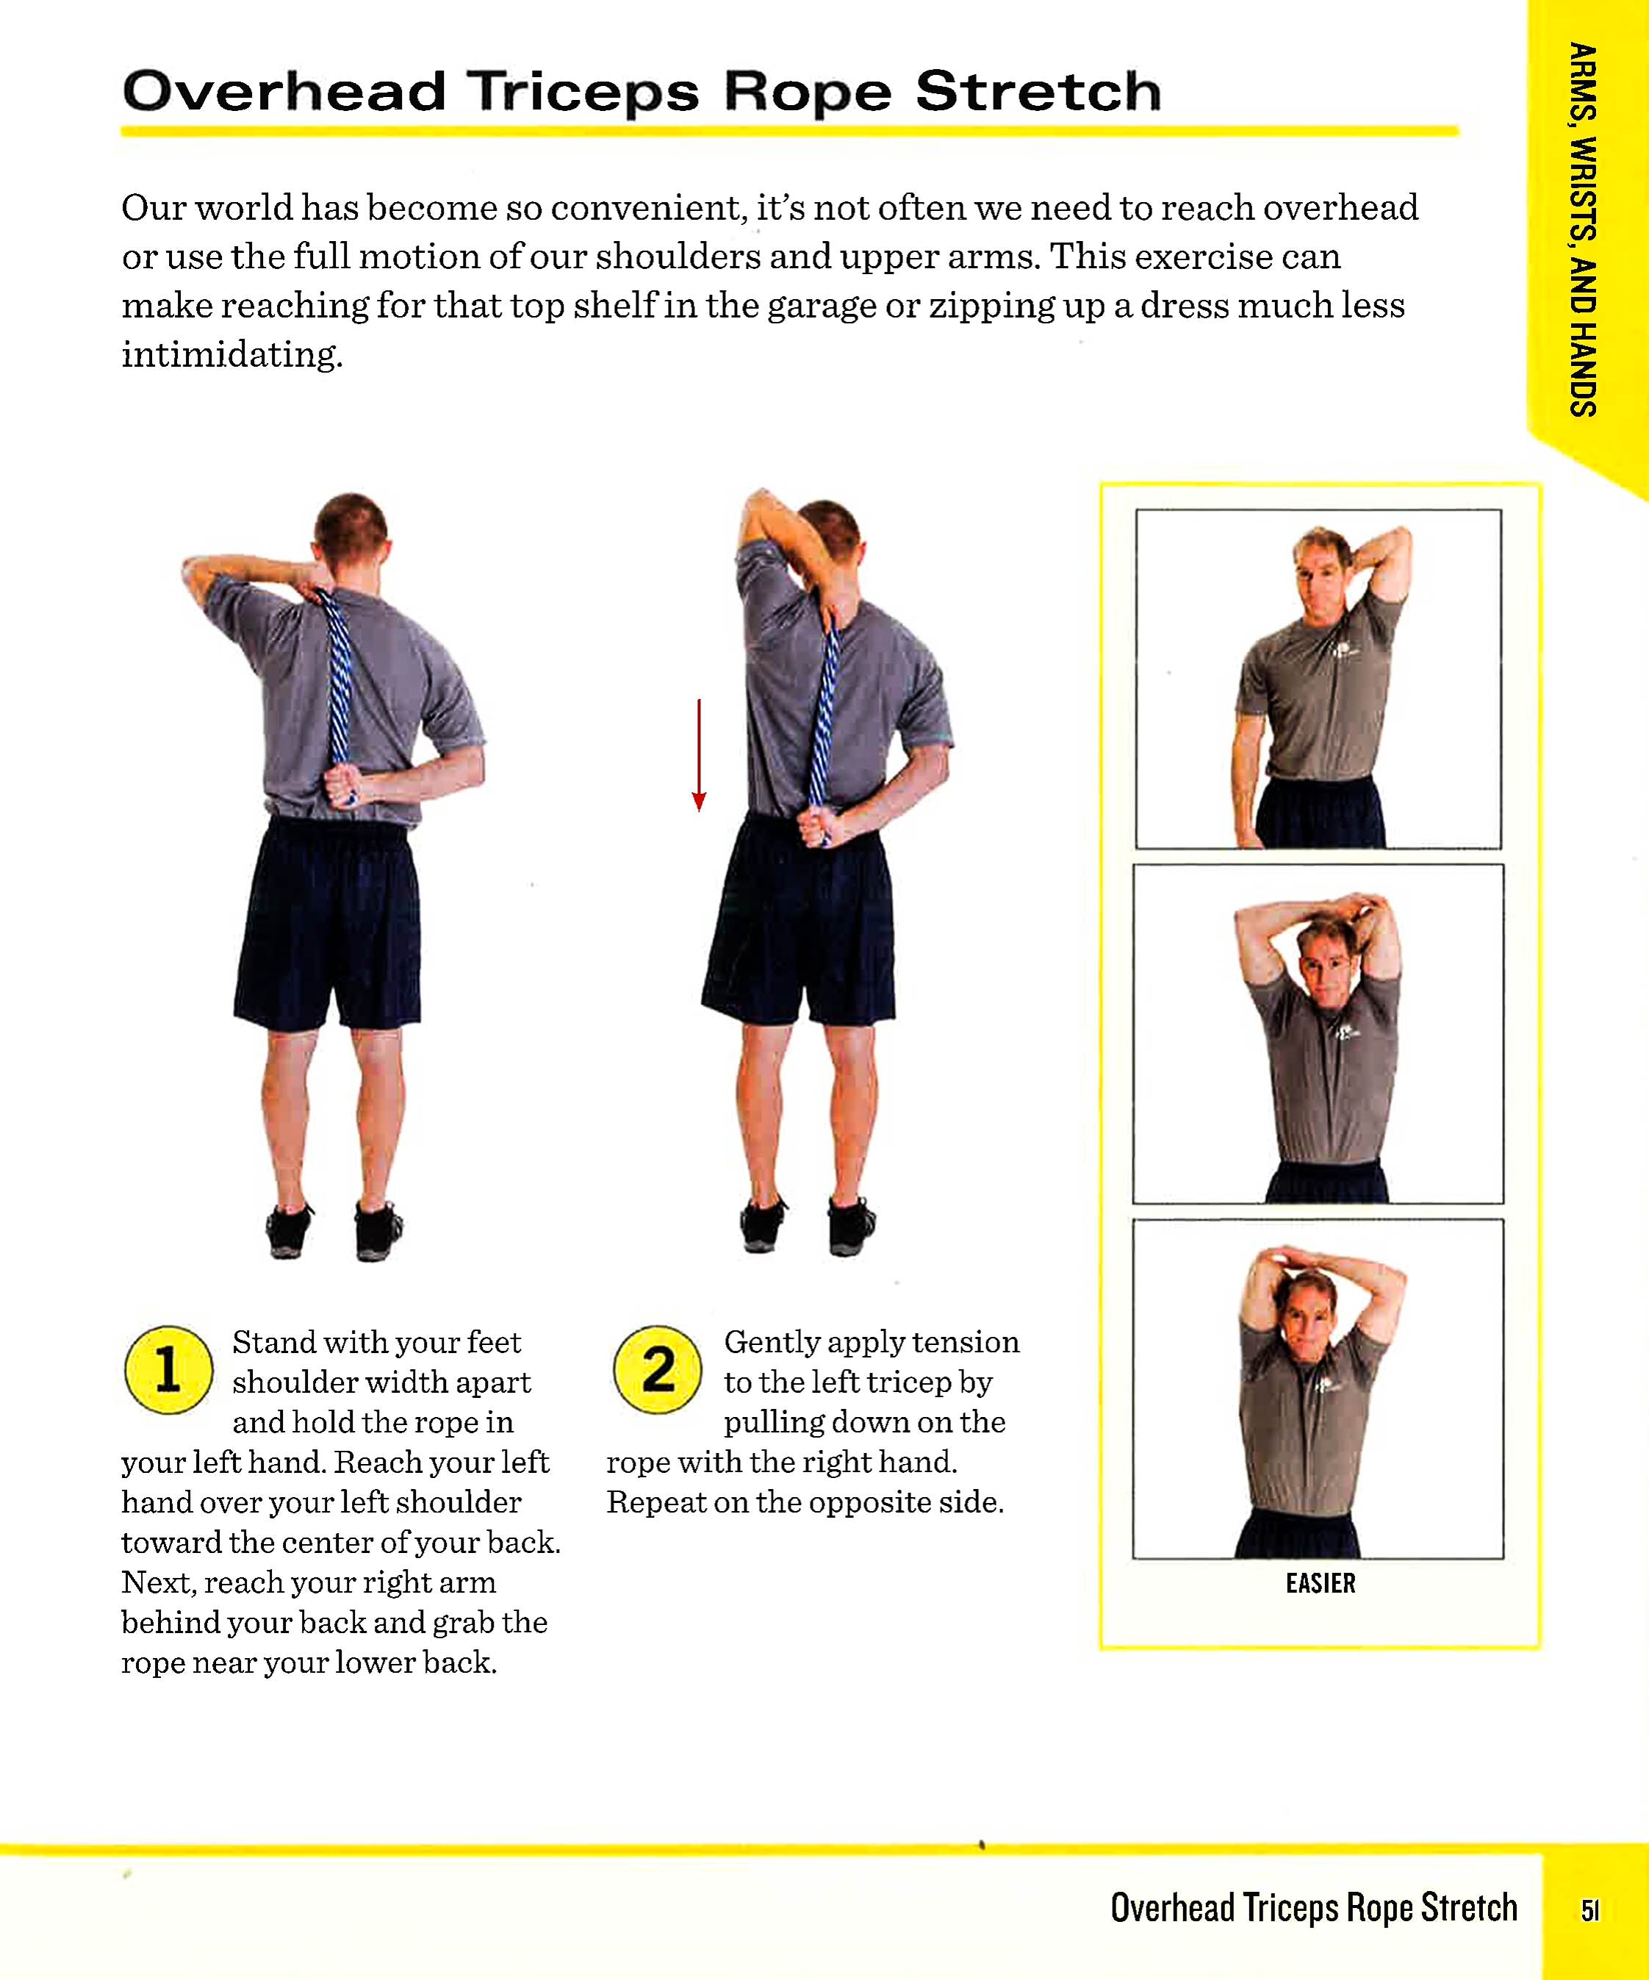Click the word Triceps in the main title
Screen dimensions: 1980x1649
583,93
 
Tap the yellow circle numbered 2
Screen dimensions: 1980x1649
657,1369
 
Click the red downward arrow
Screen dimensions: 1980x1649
699,754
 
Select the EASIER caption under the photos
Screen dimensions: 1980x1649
1320,1583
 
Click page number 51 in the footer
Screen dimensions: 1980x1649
1589,1910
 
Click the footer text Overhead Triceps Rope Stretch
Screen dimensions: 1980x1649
1313,1907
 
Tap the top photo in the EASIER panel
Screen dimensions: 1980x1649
1318,679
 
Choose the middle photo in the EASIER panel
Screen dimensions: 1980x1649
1318,1034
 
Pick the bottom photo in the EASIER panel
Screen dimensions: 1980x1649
1318,1389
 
